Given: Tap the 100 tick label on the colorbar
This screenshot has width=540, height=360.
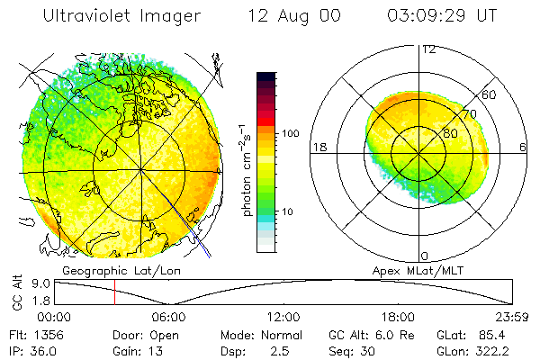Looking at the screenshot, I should (x=291, y=133).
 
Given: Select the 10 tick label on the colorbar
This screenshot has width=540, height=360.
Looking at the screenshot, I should (x=288, y=211).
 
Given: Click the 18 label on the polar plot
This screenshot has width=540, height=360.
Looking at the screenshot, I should (x=319, y=147).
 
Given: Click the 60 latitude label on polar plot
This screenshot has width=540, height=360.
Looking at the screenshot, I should (x=490, y=94).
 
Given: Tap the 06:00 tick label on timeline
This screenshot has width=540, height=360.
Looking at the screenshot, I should (x=169, y=317).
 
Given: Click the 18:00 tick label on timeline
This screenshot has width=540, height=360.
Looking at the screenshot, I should (x=398, y=317).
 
